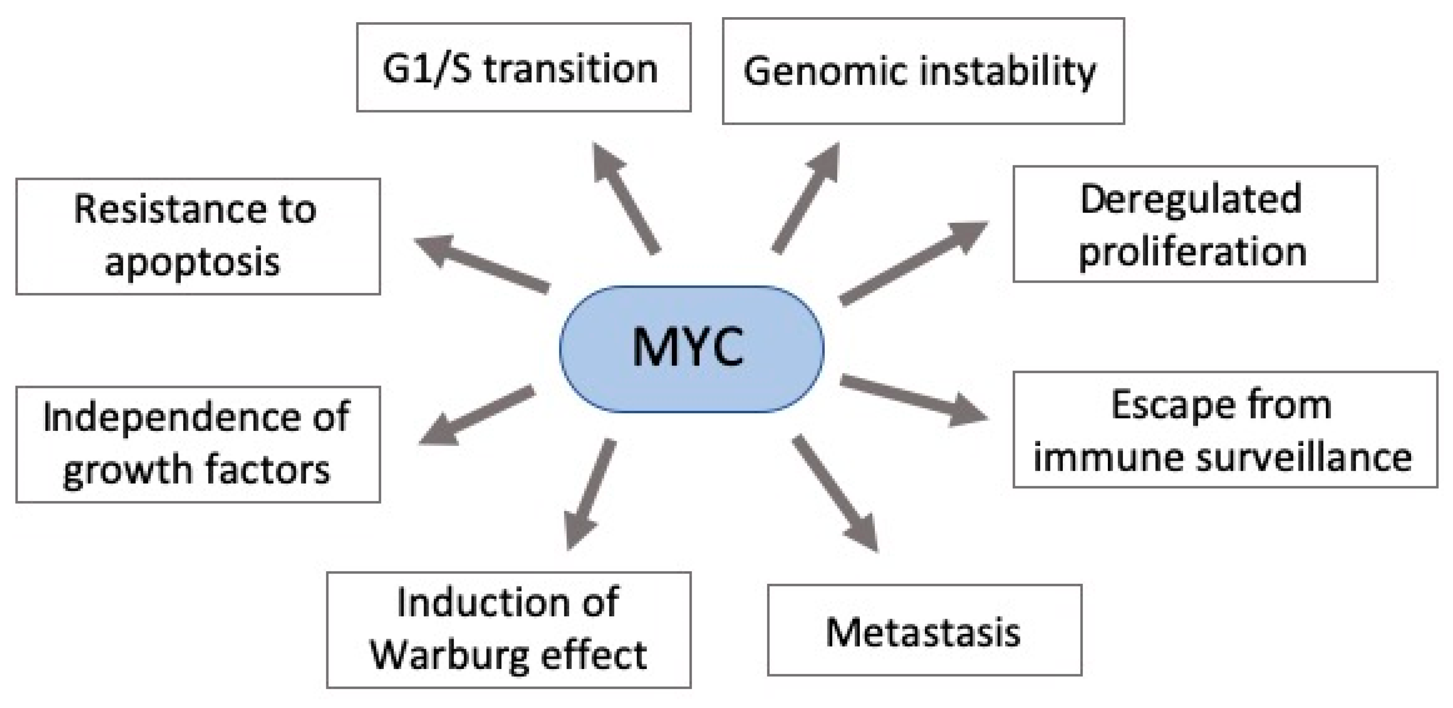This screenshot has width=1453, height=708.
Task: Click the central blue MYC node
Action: point(691,349)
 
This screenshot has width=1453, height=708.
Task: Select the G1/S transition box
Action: point(523,67)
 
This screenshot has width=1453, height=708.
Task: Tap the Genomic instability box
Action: point(923,71)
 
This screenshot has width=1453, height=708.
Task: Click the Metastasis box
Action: point(924,630)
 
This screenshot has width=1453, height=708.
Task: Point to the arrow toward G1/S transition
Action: point(626,197)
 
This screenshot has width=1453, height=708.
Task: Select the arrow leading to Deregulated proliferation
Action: point(914,262)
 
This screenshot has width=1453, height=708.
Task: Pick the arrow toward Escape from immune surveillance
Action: point(914,400)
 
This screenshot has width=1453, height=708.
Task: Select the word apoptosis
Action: point(192,262)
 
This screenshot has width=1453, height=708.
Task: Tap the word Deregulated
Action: point(1190,199)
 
